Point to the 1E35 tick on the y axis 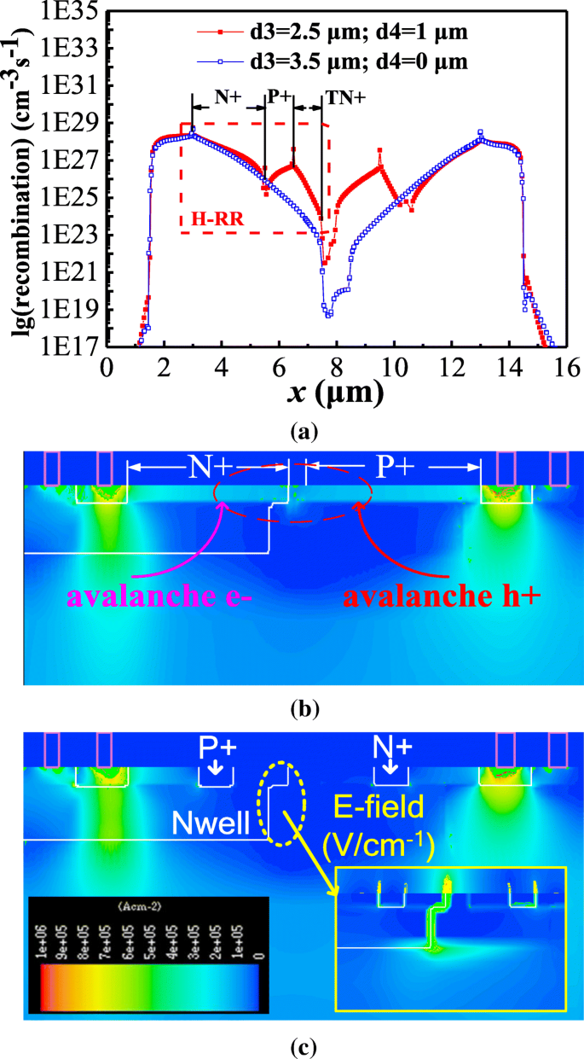pyautogui.click(x=68, y=11)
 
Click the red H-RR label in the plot pyautogui.click(x=217, y=219)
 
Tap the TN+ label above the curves pyautogui.click(x=345, y=96)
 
